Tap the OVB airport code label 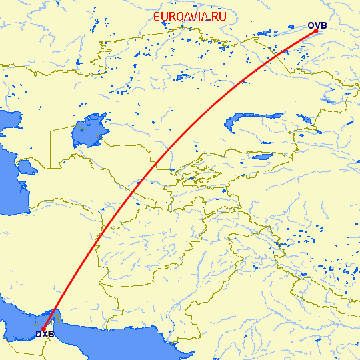coord(317,26)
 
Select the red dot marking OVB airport coord(315,31)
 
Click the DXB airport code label coord(44,334)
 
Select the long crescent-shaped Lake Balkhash coord(253,120)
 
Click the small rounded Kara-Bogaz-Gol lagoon coord(27,165)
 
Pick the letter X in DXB coord(44,334)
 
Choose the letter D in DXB coord(39,334)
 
